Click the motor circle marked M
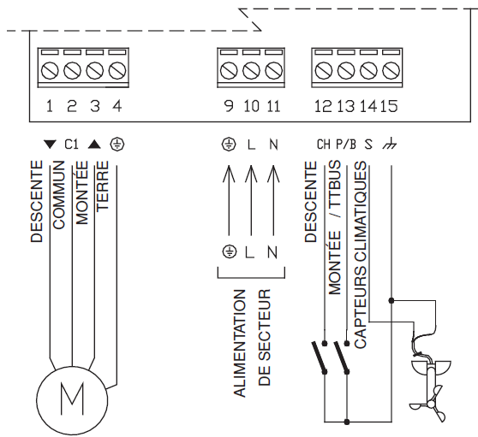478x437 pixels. pos(72,399)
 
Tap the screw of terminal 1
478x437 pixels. pos(50,71)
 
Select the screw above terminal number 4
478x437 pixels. pos(117,71)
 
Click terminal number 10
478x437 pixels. pos(252,106)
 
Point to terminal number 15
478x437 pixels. pos(389,106)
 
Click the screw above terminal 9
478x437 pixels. pos(229,71)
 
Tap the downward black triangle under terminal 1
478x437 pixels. pos(50,145)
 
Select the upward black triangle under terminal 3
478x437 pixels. pos(94,145)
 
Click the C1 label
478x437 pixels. pos(72,145)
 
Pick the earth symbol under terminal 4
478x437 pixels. pos(117,145)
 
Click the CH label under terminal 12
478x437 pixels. pos(324,145)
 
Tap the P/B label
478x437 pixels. pos(346,145)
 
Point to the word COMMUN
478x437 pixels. pos(58,195)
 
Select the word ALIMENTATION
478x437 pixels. pos(239,343)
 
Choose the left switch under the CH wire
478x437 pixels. pos(320,357)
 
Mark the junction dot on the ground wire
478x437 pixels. pos(391,301)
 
